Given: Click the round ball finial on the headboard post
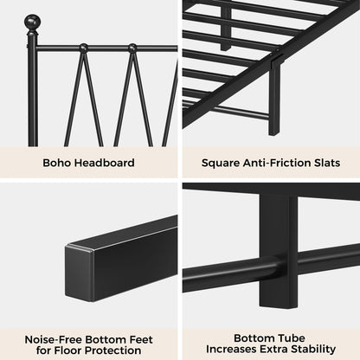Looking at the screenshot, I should [32, 20].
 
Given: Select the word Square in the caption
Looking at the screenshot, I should [222, 161].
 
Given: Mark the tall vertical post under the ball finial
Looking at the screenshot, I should [32, 87].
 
